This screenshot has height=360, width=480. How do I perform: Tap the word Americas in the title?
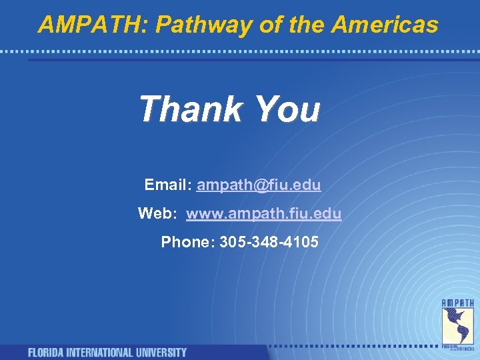click(385, 25)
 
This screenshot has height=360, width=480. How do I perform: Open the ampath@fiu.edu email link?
click(259, 185)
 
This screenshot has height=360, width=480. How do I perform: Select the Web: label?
click(157, 213)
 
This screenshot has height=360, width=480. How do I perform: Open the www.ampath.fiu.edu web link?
click(264, 213)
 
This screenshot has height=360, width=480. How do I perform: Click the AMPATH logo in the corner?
click(457, 323)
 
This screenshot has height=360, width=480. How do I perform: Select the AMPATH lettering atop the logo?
click(457, 303)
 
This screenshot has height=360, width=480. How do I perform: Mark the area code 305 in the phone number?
click(231, 242)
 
